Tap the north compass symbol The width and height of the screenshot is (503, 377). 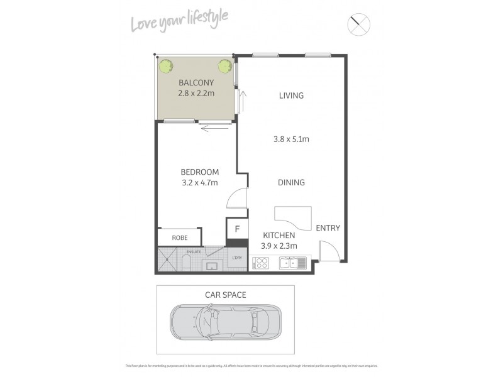point(359,25)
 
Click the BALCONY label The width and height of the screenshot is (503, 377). point(196,82)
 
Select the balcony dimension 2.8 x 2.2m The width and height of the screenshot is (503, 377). point(196,94)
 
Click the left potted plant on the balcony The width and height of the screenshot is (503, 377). point(167,65)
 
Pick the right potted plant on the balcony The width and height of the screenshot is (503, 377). point(224,65)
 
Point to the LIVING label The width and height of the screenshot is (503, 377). point(291,96)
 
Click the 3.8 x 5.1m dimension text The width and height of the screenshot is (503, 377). point(291,139)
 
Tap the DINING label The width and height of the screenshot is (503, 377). point(291,183)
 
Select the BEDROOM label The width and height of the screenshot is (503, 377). point(199,172)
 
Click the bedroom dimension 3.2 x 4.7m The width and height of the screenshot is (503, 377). point(199,183)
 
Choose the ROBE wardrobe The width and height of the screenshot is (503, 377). point(179,238)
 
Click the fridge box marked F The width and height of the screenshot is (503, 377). point(237,229)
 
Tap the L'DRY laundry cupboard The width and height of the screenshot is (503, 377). point(237,258)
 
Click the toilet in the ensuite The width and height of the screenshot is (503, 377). point(186,263)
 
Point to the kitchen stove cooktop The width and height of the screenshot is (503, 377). point(260,263)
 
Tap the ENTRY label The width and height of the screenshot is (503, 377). point(328,228)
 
